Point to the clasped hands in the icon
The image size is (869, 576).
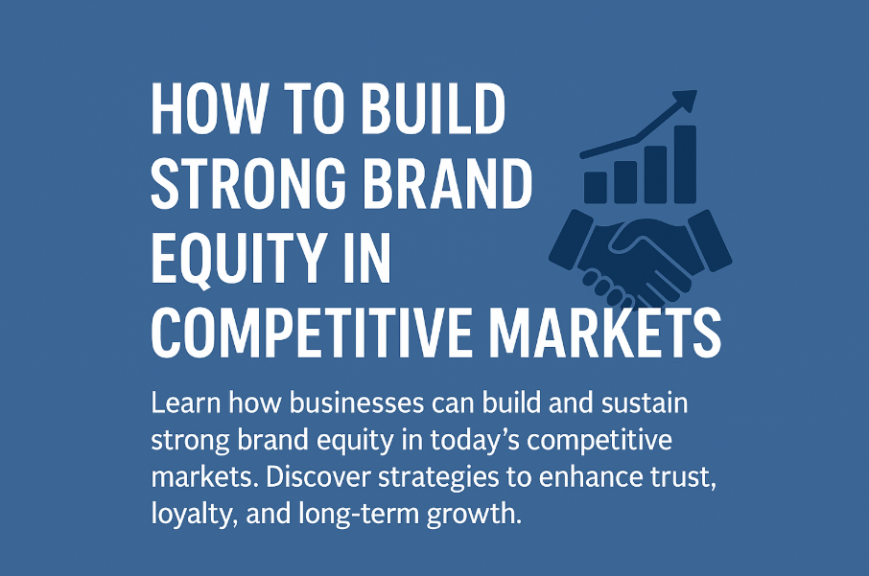[x=638, y=261]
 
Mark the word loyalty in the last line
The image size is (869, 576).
[x=187, y=514]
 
